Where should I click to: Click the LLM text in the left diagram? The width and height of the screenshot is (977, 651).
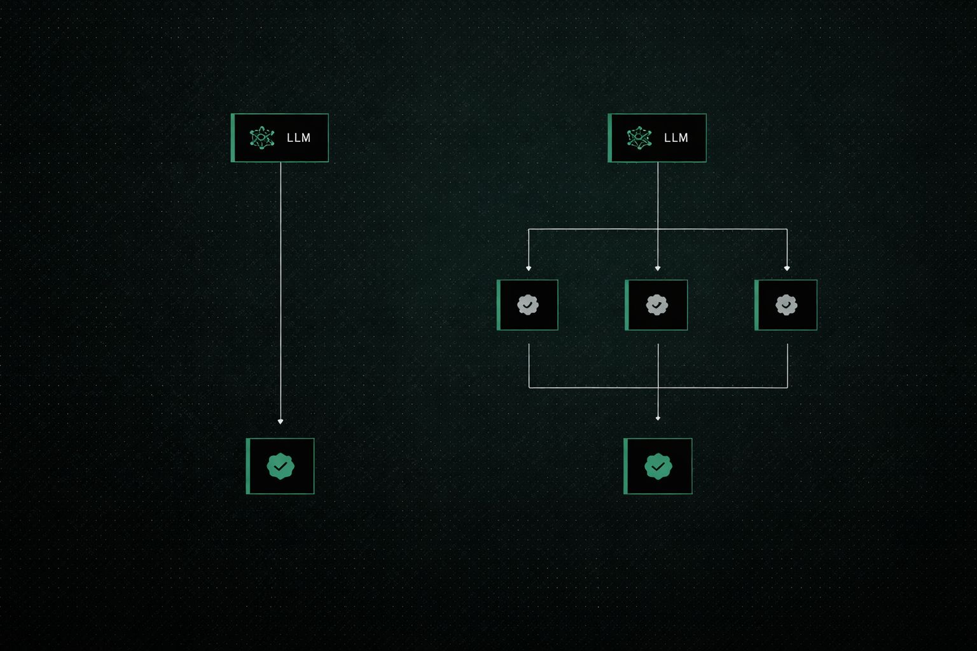pos(298,138)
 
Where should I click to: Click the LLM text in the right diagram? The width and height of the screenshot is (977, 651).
pos(676,138)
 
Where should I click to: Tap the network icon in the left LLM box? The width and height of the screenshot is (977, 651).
pos(261,138)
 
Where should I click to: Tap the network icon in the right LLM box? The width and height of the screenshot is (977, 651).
pos(639,138)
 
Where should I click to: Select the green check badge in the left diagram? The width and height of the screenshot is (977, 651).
pos(281,466)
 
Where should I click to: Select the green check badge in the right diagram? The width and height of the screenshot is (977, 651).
pos(658,466)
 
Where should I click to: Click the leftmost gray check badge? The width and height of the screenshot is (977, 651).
pos(527,305)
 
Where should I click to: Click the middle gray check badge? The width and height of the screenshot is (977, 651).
pos(656,305)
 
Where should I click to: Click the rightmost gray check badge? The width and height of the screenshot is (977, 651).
pos(786,305)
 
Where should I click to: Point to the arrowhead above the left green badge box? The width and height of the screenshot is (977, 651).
pos(281,421)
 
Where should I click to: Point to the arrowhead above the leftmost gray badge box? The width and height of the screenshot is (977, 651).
pos(529,269)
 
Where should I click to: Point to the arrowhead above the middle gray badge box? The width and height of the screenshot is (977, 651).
pos(658,269)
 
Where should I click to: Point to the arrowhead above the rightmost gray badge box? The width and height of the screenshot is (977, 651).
pos(787,269)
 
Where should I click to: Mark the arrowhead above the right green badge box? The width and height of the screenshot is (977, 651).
pos(658,418)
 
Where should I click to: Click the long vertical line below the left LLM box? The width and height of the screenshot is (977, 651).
pos(281,286)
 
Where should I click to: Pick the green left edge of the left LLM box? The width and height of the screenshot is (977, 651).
pos(233,138)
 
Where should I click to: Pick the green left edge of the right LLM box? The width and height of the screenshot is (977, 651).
pos(610,138)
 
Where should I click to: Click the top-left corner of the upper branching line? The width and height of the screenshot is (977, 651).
pos(529,229)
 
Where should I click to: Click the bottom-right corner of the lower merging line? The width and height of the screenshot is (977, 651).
pos(787,387)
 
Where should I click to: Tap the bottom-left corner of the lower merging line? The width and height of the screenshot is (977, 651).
pos(529,387)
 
